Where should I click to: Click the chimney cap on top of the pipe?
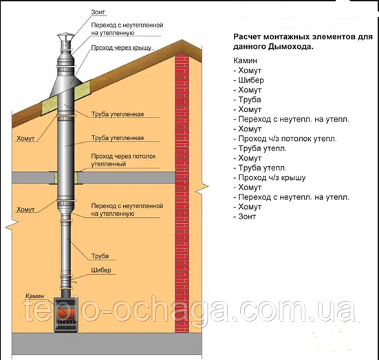point(64,38)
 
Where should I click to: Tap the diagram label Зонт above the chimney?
point(98,12)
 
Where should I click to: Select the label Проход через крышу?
point(121,47)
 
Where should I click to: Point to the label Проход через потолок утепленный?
point(123,160)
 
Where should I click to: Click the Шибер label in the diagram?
point(101,270)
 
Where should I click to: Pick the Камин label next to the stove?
point(35,296)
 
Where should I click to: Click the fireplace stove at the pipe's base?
point(66,315)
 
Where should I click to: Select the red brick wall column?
point(182,193)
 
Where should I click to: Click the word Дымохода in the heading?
point(291,46)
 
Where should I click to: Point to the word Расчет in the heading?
point(247,37)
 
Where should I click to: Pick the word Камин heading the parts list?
point(245,60)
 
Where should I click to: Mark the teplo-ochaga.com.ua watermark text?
point(190,311)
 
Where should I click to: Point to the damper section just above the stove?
point(66,281)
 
